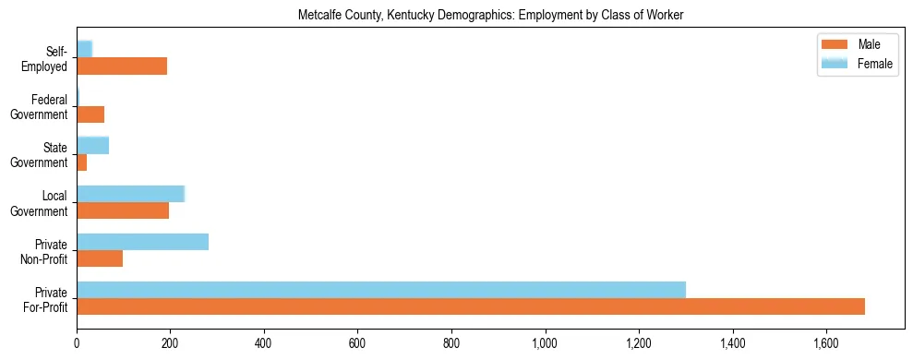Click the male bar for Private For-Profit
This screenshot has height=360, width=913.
click(x=471, y=306)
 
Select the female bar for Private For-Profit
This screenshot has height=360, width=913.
click(x=381, y=290)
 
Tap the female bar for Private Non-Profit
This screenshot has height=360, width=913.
click(x=142, y=242)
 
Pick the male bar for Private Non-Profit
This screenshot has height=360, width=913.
click(x=100, y=258)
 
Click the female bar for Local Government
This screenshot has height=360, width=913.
click(x=130, y=194)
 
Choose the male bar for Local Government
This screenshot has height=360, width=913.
click(x=123, y=210)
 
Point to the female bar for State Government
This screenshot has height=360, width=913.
click(x=92, y=145)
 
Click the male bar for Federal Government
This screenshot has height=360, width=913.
click(x=90, y=114)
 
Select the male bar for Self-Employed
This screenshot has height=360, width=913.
click(x=122, y=66)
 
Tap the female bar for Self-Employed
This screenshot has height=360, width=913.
click(x=84, y=49)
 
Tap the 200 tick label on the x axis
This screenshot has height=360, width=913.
click(x=171, y=342)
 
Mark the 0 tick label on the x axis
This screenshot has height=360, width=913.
click(x=77, y=342)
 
